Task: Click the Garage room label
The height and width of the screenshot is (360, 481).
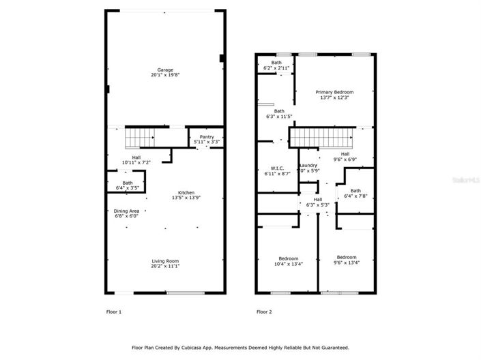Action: (165, 70)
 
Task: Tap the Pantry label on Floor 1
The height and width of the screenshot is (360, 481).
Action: (207, 137)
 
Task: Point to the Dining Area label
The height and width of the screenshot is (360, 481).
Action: (126, 211)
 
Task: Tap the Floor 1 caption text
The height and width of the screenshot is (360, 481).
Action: (113, 312)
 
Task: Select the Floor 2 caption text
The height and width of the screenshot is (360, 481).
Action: (264, 312)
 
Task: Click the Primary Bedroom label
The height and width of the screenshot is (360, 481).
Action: (334, 91)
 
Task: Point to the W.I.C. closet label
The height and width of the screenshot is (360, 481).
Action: (276, 168)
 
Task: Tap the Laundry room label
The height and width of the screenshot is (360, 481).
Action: (308, 166)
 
